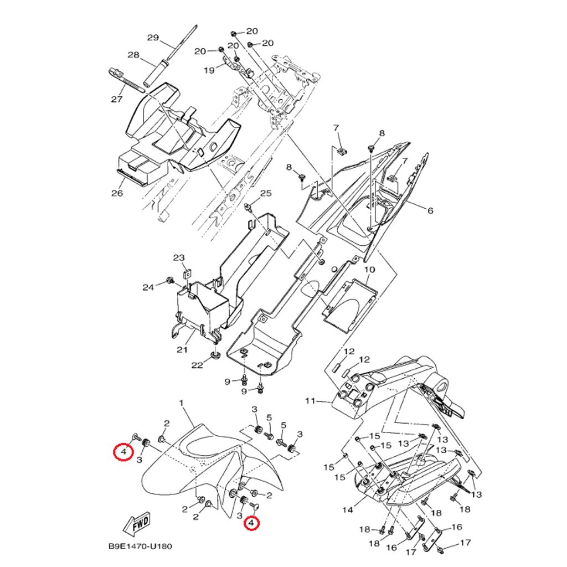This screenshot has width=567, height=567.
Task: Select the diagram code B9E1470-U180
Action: click(140, 547)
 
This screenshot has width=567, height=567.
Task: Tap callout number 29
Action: click(153, 38)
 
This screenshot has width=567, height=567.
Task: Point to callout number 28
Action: click(133, 55)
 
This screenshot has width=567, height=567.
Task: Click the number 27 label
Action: click(116, 100)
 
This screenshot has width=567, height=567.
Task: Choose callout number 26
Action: click(117, 193)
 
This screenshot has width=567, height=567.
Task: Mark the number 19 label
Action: click(209, 70)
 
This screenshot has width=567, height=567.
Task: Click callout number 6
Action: click(430, 210)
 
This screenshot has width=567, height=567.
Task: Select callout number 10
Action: click(369, 270)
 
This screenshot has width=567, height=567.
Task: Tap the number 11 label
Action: click(310, 400)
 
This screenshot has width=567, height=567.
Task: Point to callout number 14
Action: click(347, 509)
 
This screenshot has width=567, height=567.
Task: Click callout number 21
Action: click(182, 349)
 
